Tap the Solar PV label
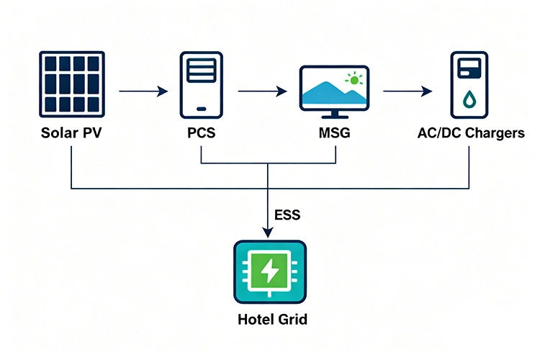[71, 133]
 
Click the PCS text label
[201, 133]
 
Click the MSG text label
[335, 133]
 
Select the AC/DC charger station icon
[469, 85]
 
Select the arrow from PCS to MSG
[262, 91]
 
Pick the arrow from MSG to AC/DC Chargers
[408, 91]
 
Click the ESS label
[287, 215]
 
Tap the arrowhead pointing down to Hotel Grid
[268, 232]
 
